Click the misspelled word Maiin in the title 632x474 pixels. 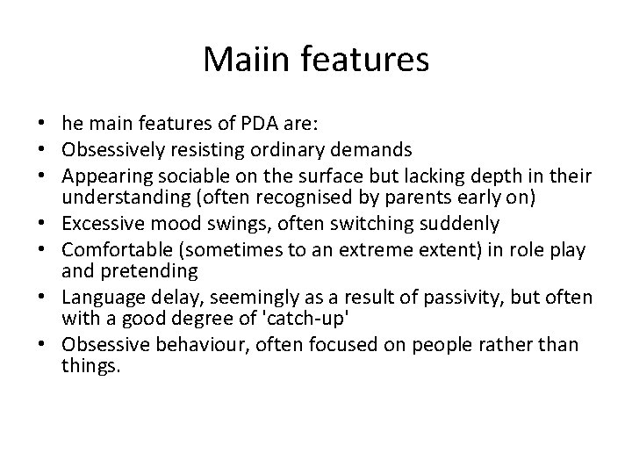coord(243,61)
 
